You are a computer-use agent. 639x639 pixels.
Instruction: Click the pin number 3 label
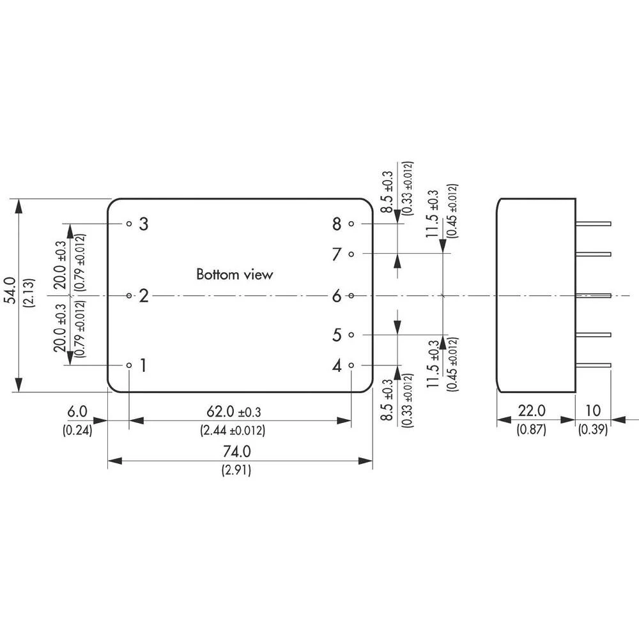click(x=144, y=224)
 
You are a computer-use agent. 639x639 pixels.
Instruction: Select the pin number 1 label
click(x=143, y=366)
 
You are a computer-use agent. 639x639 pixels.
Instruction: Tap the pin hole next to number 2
click(x=129, y=295)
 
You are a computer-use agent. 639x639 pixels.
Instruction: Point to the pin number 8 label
click(x=337, y=224)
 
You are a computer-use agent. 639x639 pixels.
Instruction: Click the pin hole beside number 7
click(x=351, y=254)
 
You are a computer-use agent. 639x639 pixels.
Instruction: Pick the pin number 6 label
click(x=337, y=295)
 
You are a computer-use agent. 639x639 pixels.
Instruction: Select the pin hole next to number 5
click(x=351, y=334)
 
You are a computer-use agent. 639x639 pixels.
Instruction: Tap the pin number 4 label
click(x=337, y=366)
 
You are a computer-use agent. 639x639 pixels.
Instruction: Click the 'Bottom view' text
click(x=235, y=275)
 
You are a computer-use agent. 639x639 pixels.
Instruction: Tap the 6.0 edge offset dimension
click(x=77, y=412)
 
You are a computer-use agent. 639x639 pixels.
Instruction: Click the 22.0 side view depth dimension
click(x=531, y=412)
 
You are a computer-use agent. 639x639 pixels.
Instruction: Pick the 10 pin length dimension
click(x=592, y=412)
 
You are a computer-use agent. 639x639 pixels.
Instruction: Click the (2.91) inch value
click(x=236, y=471)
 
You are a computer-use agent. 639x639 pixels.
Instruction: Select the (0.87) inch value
click(x=531, y=430)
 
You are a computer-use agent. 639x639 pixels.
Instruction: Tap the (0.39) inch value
click(x=592, y=430)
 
